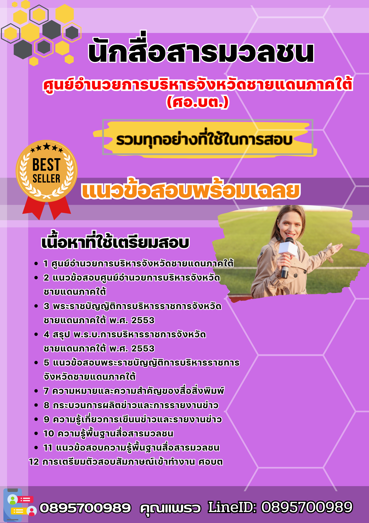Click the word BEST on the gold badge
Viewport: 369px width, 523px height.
46,164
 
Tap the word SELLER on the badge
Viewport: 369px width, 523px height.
46,179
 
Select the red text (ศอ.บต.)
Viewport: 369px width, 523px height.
198,102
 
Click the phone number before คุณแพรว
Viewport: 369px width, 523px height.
85,508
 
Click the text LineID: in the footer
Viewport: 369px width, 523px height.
232,507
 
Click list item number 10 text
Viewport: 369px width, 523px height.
108,434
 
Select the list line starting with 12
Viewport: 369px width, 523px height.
126,462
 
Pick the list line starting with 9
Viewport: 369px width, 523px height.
133,419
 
